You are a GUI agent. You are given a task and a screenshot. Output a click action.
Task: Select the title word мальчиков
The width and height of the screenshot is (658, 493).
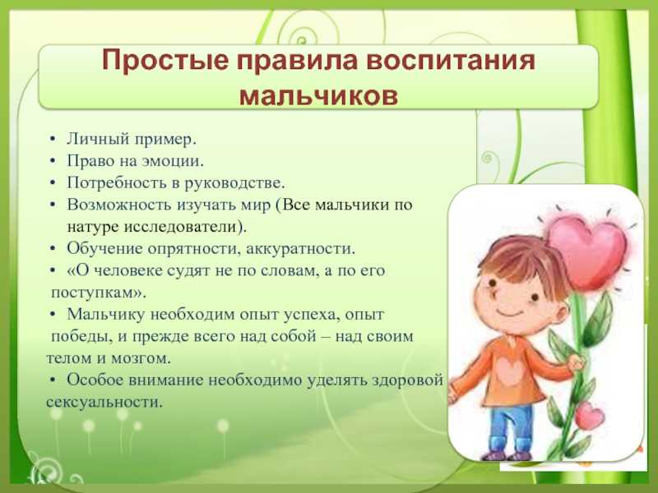click(x=318, y=95)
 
